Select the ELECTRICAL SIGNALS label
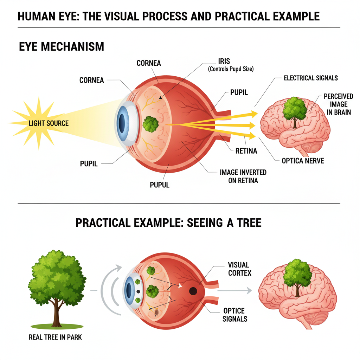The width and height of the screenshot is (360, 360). pos(311,78)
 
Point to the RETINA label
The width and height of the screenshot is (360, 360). pos(246,151)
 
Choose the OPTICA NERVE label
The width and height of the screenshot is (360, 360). pos(303,161)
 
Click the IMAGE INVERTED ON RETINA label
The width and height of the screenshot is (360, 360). pos(243,176)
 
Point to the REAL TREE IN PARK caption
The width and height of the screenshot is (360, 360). pos(55,337)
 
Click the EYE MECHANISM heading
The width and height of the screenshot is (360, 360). pos(61,47)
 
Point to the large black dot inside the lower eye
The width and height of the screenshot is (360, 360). pos(193,291)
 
